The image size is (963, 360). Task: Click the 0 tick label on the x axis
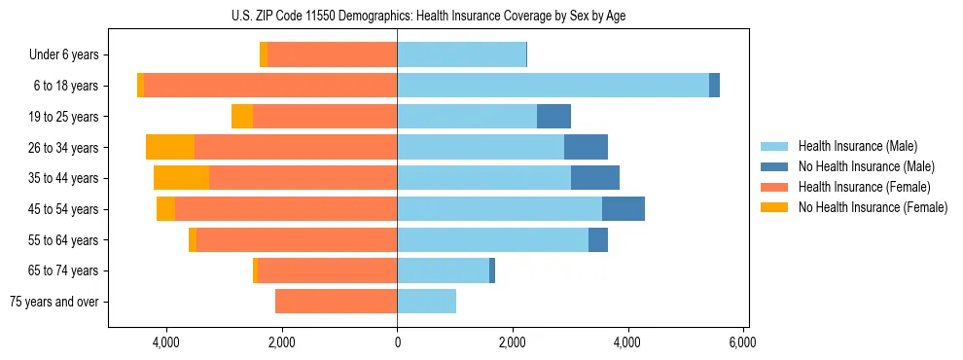click(x=397, y=342)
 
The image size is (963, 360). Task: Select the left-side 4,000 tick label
click(x=166, y=342)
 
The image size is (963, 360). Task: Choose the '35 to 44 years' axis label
click(x=64, y=178)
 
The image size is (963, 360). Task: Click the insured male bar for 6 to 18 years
click(x=553, y=86)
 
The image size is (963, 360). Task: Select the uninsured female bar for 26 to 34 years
click(x=170, y=147)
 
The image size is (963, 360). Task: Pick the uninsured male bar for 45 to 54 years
click(x=624, y=209)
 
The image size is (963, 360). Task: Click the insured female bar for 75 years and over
click(x=336, y=302)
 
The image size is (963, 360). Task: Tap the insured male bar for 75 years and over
click(x=426, y=302)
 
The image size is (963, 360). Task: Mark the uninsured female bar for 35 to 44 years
click(x=181, y=178)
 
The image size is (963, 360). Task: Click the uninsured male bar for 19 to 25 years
click(x=553, y=117)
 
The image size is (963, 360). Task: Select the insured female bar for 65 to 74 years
click(x=327, y=270)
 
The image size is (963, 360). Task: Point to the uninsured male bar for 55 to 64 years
click(x=598, y=239)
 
